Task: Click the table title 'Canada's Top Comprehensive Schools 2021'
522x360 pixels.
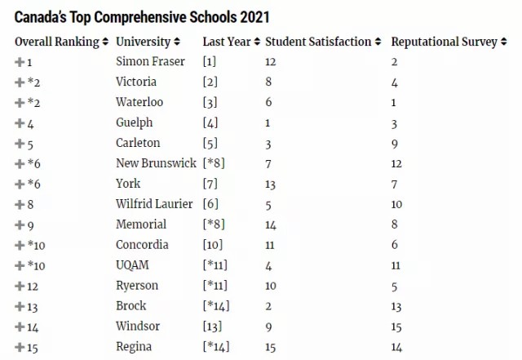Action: point(142,17)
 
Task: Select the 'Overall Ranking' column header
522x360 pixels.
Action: point(56,42)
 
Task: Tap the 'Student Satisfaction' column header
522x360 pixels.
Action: point(319,42)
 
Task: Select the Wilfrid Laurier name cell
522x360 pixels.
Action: point(154,204)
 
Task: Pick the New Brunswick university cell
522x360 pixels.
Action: point(157,163)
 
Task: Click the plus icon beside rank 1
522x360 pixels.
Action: point(20,62)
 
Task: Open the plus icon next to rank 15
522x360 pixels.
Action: point(20,347)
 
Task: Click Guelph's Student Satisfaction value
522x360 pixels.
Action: point(269,122)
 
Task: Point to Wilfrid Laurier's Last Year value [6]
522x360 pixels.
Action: point(210,204)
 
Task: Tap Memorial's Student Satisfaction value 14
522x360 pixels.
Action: point(272,224)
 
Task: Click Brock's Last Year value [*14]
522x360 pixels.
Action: point(216,306)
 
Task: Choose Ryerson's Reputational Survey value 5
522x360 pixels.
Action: point(396,286)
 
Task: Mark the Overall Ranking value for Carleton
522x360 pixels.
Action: point(30,143)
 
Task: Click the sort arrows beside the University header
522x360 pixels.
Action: point(176,42)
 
